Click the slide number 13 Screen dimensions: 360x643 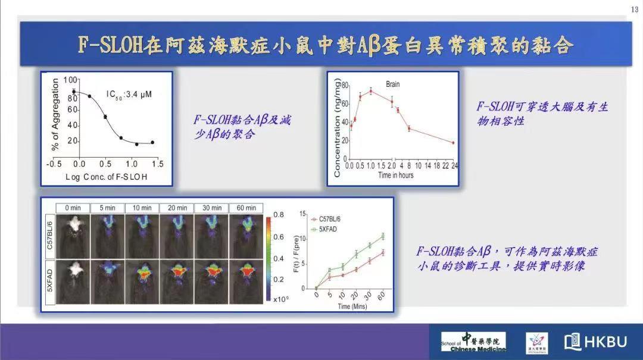[633, 10]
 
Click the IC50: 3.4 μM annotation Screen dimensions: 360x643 [130, 94]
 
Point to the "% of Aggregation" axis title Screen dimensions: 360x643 [55, 114]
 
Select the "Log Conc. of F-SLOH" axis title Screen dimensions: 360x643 [107, 177]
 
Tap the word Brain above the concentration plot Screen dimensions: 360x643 [392, 84]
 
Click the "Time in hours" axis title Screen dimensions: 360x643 [396, 175]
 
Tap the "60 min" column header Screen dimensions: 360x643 [246, 208]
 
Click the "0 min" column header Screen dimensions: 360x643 [73, 208]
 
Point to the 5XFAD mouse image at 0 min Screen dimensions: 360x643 [73, 281]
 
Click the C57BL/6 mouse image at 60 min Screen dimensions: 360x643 [246, 233]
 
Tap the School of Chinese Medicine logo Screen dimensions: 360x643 [474, 342]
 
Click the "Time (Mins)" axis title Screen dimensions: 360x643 [352, 306]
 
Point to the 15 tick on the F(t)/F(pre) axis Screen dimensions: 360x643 [302, 213]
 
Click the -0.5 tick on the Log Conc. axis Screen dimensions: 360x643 [55, 163]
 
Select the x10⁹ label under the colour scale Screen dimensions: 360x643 [280, 299]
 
